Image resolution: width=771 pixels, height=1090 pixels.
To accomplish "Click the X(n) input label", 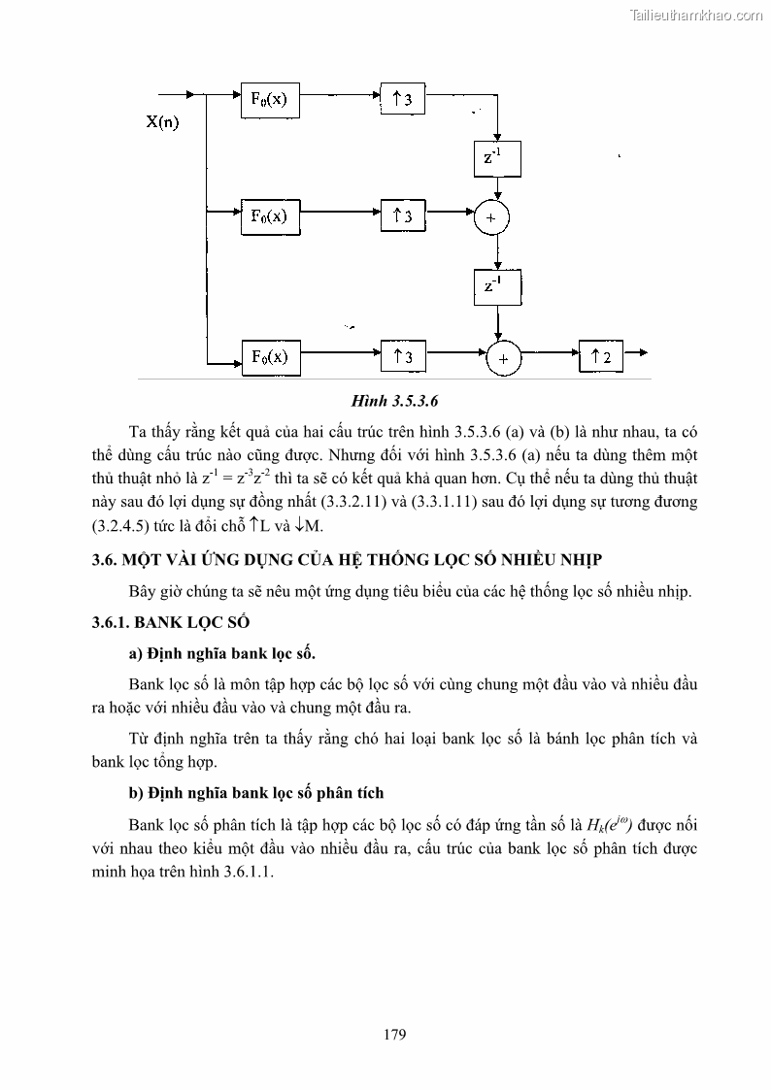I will click(162, 122).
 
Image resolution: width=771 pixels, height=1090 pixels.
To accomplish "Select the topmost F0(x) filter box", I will click(269, 99).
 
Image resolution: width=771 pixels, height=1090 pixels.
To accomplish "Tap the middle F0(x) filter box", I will click(269, 215).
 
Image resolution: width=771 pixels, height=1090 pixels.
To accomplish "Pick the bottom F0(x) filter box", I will click(269, 356).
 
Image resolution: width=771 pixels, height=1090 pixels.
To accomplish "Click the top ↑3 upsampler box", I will click(402, 99).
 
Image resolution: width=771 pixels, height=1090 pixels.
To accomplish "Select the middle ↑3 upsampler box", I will click(402, 215).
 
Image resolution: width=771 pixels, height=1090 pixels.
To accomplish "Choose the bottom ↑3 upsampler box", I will click(402, 356).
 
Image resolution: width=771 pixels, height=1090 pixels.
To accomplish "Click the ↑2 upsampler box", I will click(600, 356).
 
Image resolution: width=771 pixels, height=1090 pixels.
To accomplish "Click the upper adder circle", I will click(491, 217).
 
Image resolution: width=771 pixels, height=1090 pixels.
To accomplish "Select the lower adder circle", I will click(503, 358).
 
